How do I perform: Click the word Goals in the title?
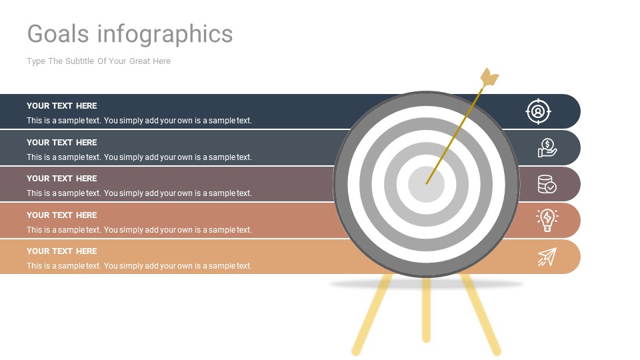point(59,33)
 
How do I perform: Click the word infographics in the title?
point(165,33)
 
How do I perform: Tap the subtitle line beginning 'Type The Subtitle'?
point(99,61)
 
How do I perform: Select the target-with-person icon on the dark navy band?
point(538,111)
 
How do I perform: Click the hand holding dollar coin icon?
point(547,148)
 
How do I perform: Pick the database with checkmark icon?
point(547,184)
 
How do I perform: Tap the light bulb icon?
point(547,220)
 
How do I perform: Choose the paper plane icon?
point(547,257)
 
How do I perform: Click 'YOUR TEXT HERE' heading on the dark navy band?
point(62,106)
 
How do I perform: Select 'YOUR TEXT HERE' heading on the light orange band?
point(62,251)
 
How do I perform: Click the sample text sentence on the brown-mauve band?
point(139,193)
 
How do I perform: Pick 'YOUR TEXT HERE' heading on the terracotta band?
point(62,215)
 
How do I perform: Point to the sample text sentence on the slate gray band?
point(139,157)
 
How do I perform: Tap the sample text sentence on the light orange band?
point(139,266)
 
